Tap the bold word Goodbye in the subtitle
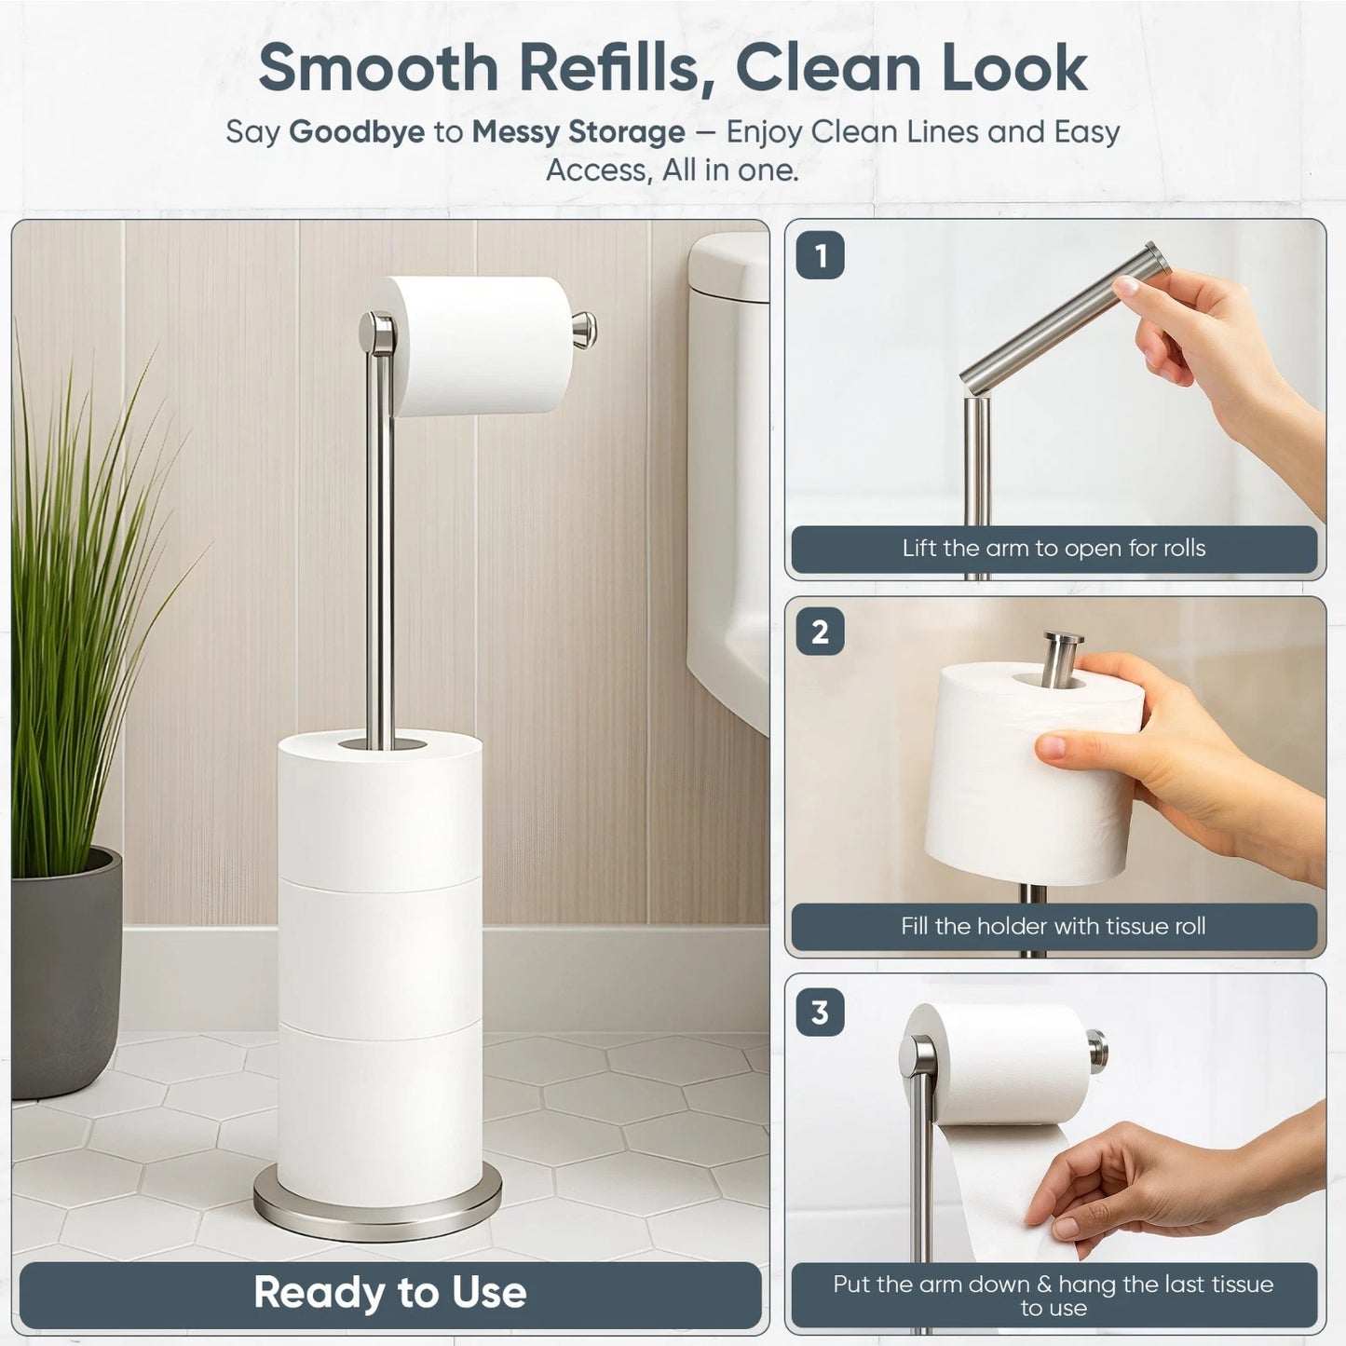point(357,132)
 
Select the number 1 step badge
point(820,255)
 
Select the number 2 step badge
point(820,632)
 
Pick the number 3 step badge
point(820,1012)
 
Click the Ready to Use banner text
point(389,1293)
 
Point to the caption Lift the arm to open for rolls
point(1054,549)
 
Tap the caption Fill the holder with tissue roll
point(1054,927)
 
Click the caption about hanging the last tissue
point(1054,1295)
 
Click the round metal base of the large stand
point(377,1211)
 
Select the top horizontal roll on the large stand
point(480,345)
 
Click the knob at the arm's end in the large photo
point(585,330)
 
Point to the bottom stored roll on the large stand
point(379,1113)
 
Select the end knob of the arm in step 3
point(1098,1050)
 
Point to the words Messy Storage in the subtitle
point(578,132)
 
